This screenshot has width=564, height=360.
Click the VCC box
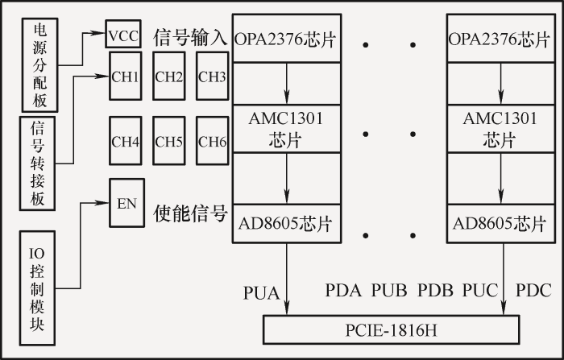point(123,34)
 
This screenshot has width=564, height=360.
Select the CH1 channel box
point(125,76)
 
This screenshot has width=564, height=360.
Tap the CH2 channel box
point(168,76)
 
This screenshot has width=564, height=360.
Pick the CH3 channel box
point(212,76)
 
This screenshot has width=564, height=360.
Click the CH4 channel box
point(125,141)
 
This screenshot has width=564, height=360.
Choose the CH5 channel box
point(168,141)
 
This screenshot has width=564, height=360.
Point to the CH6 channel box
point(212,141)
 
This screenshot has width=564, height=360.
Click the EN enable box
point(127,203)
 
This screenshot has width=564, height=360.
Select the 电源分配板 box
point(40,65)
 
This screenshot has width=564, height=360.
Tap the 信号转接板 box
point(37,163)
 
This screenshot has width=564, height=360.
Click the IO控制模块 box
point(37,288)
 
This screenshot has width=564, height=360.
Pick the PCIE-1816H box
point(392,329)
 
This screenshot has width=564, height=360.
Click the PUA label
point(262,292)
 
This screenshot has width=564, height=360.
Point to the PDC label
point(533,290)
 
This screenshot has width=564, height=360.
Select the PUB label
point(389,290)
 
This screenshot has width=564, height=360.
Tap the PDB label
point(435,290)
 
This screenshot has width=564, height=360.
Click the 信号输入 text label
point(190,37)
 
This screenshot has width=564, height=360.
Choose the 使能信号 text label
point(190,213)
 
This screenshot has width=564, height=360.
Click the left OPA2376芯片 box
point(287,38)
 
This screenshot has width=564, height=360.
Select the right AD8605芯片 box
point(501,224)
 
